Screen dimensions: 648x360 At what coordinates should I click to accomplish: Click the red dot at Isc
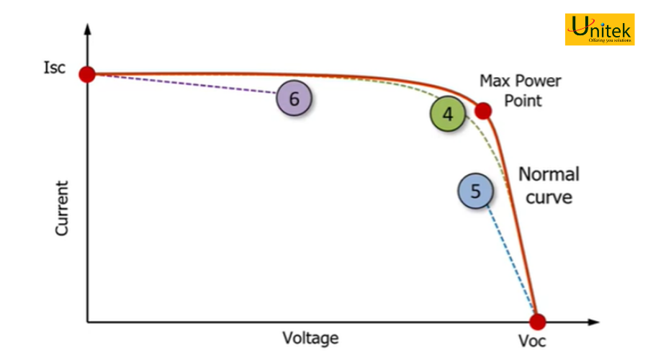pos(87,74)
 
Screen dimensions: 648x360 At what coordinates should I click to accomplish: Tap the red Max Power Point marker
pos(482,111)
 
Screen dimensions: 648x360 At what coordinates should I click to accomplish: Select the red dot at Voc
pos(537,322)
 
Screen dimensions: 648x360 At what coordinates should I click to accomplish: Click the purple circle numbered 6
pos(294,99)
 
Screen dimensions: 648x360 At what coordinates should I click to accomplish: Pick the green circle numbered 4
pos(448,114)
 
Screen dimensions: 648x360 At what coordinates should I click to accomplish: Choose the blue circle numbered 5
pos(476,191)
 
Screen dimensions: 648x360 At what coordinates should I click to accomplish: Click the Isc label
pos(55,68)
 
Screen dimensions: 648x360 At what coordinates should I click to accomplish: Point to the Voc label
pos(532,341)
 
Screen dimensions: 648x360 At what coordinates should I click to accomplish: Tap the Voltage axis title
pos(310,338)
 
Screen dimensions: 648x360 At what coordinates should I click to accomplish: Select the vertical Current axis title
pos(62,208)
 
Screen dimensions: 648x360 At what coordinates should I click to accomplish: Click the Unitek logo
pos(600,30)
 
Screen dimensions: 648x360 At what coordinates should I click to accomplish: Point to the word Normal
pos(549,174)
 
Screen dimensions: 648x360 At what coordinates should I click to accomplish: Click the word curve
pos(549,197)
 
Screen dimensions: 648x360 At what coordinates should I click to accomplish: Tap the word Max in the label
pos(493,81)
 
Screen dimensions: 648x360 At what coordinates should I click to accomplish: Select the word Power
pos(536,81)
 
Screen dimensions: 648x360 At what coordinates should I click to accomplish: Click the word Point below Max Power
pos(523,101)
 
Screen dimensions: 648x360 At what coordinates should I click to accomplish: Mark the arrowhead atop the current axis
pos(87,29)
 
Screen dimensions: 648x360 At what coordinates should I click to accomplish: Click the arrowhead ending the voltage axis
pos(593,322)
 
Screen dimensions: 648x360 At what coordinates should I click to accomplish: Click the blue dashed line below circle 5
pos(511,258)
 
